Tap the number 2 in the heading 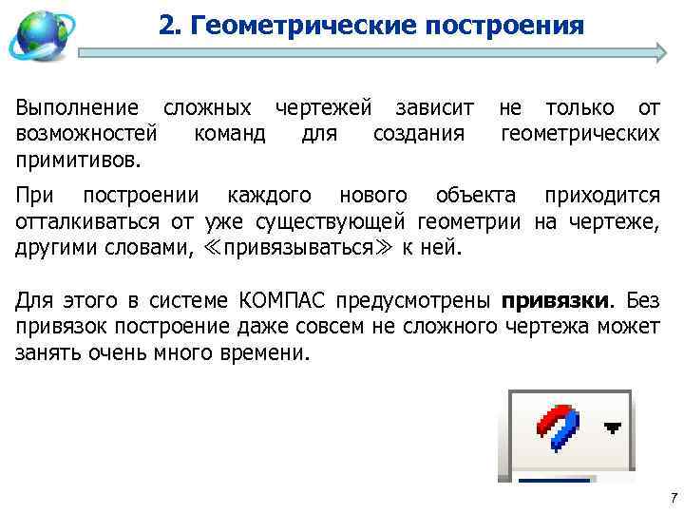tap(166, 25)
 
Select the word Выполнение tap(77, 109)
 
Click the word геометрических tap(579, 133)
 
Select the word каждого tap(271, 197)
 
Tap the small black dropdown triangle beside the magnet tap(613, 428)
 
